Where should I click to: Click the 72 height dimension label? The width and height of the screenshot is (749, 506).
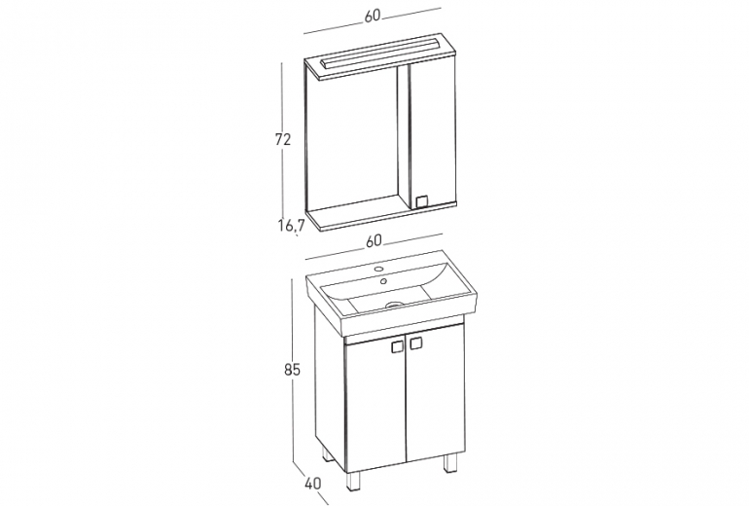[x=283, y=139]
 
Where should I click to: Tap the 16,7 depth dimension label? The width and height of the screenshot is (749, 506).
[x=292, y=225]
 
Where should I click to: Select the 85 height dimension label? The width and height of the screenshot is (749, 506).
[x=292, y=370]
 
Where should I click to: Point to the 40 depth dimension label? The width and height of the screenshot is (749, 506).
[x=312, y=483]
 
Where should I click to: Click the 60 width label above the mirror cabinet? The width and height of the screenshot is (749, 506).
[x=373, y=16]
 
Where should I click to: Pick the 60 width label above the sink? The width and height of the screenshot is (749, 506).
[x=374, y=241]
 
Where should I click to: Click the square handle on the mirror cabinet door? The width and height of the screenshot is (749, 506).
[x=422, y=201]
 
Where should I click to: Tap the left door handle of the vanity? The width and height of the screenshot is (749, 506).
[x=397, y=346]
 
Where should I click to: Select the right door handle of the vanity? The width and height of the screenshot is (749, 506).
[x=415, y=343]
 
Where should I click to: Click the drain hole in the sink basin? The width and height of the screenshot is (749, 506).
[x=395, y=304]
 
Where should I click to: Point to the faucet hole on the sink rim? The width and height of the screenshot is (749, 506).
[x=379, y=270]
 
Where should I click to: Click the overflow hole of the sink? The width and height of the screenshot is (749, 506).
[x=382, y=281]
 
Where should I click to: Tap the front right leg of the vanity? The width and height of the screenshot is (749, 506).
[x=450, y=463]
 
